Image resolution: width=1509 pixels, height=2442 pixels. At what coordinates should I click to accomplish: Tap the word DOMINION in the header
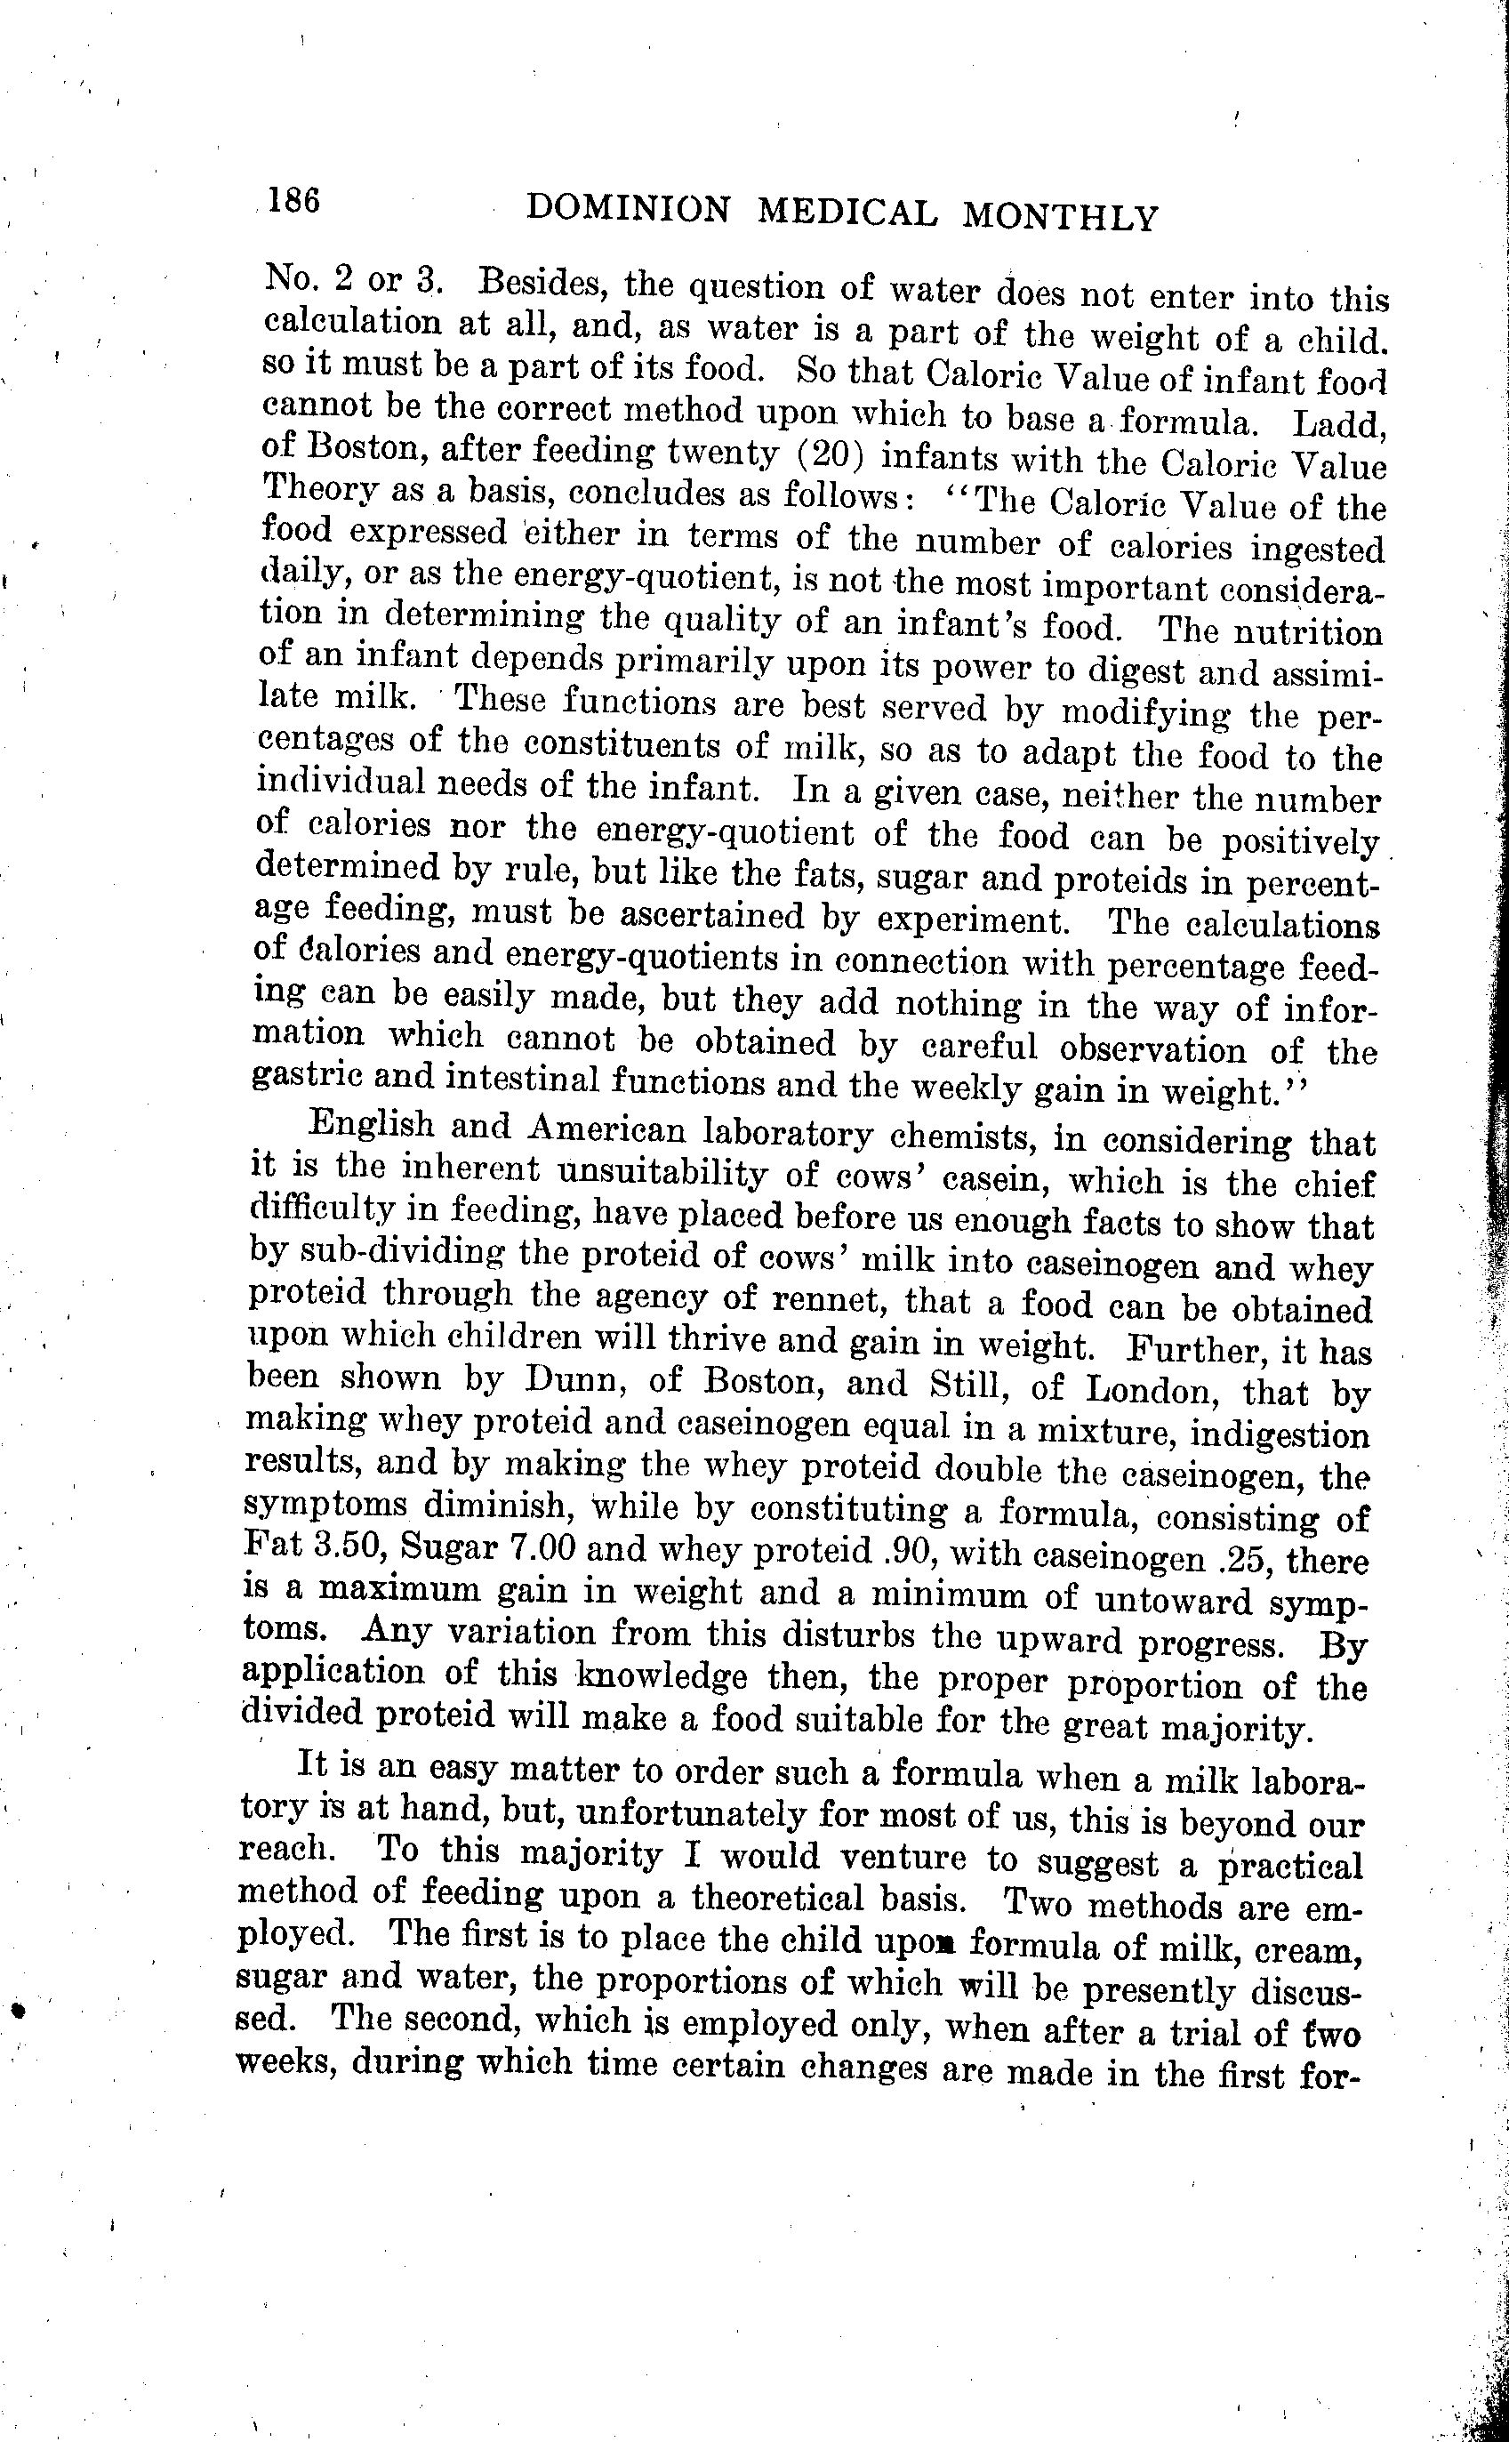click(x=628, y=209)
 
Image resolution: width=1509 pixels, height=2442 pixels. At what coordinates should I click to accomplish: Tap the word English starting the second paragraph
click(x=373, y=1124)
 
